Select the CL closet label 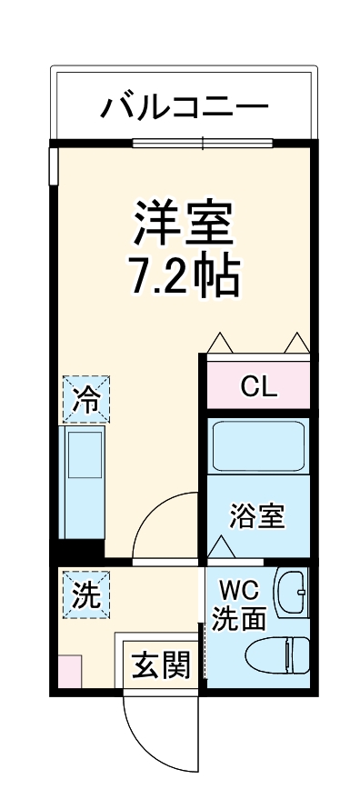click(x=258, y=388)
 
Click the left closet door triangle click(x=219, y=342)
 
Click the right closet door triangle click(x=297, y=342)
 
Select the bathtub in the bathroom click(x=258, y=444)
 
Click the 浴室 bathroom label click(x=258, y=516)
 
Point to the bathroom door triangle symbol click(x=221, y=547)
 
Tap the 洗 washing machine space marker click(x=85, y=594)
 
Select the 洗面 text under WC click(x=239, y=618)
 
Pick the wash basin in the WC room click(x=292, y=594)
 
